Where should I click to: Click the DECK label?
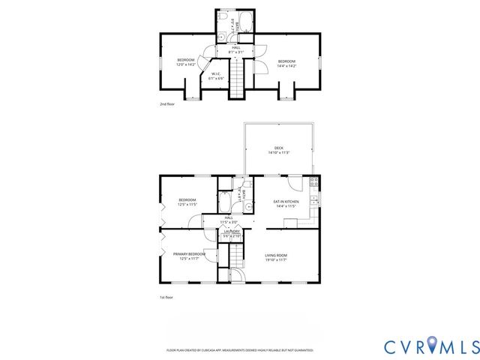click(279, 148)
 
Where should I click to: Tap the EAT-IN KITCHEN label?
click(286, 202)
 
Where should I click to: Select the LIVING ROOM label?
click(276, 255)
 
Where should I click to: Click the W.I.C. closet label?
click(215, 73)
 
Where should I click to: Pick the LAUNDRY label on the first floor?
click(232, 232)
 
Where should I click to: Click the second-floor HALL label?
click(236, 48)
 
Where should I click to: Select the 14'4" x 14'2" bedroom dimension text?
click(286, 65)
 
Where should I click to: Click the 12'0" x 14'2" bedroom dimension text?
click(186, 64)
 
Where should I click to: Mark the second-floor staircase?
click(237, 78)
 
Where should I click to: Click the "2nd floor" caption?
click(167, 104)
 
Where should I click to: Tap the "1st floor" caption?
click(166, 298)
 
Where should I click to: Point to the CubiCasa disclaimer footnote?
click(239, 349)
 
